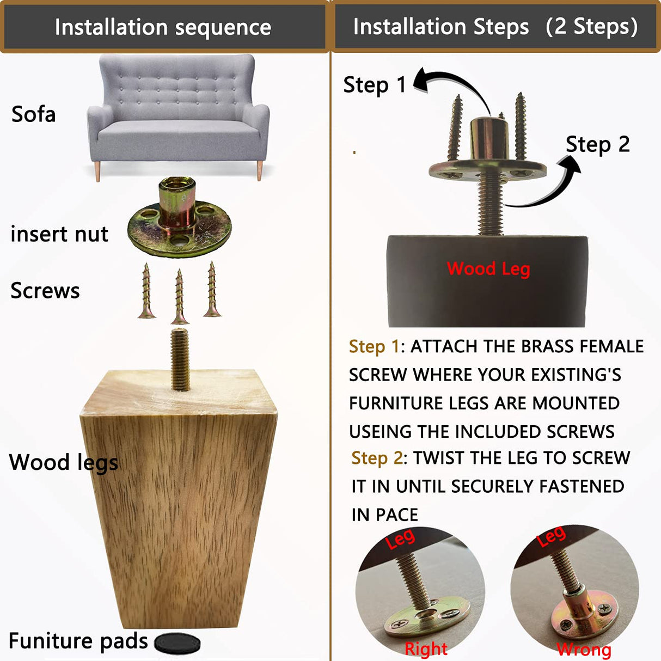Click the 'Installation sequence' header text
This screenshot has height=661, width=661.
163,27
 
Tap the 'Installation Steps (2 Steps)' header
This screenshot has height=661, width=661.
495,26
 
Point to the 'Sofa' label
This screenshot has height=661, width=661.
34,114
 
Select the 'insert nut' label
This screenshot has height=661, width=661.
59,234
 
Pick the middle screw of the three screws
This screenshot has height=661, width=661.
179,297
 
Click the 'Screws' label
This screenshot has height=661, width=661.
45,290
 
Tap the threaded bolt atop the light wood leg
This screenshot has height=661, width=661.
180,359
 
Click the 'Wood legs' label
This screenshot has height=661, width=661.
63,462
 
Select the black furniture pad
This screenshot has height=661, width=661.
178,643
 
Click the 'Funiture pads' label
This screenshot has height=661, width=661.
78,641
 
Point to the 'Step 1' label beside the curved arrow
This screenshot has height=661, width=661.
375,84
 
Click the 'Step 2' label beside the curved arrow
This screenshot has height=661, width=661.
597,144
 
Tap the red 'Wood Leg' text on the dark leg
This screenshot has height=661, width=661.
488,268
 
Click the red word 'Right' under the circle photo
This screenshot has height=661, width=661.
426,648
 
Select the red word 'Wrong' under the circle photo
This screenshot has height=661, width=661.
584,650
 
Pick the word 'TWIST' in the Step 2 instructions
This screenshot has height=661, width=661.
439,458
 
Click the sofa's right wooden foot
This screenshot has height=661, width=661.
260,170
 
